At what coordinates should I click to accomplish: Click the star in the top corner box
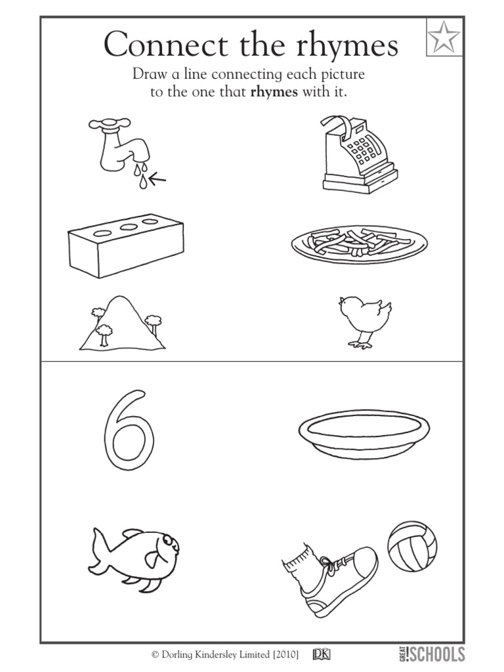pyautogui.click(x=444, y=38)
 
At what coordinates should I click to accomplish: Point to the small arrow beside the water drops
pyautogui.click(x=157, y=177)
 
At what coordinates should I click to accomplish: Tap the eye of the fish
pyautogui.click(x=169, y=539)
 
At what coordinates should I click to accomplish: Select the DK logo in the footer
pyautogui.click(x=321, y=654)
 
